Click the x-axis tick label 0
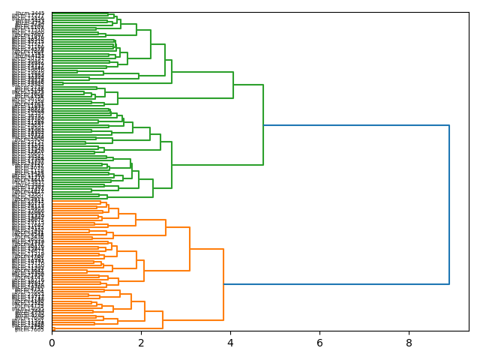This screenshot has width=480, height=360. [52, 343]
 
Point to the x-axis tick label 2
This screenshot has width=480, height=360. [141, 343]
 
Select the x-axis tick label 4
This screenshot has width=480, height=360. [230, 343]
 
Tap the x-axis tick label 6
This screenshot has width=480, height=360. [319, 343]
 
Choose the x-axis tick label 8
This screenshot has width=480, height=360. [409, 343]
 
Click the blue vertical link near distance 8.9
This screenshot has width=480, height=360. [448, 205]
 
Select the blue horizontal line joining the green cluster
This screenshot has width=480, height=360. [356, 125]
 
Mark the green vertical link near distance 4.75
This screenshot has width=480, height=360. [263, 124]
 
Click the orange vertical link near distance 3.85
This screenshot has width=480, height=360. [223, 284]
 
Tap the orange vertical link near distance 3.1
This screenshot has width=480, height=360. [190, 249]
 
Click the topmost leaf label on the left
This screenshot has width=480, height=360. [29, 13]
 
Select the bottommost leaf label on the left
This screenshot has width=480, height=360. [29, 329]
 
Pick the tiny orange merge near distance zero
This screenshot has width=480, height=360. [54, 328]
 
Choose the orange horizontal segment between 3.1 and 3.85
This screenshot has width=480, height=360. [206, 249]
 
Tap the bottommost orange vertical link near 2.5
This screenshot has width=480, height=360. [163, 319]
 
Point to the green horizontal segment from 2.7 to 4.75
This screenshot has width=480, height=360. [217, 164]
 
